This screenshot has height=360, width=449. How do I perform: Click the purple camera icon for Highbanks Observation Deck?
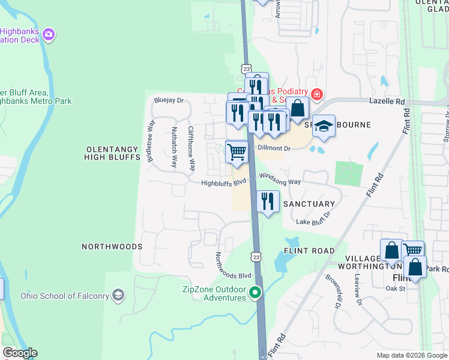(x=49, y=35)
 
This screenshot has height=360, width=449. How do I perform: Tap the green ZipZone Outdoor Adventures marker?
(x=256, y=293)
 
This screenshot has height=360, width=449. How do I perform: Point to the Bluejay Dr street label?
(x=168, y=100)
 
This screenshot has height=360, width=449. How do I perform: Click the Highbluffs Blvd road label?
(x=224, y=184)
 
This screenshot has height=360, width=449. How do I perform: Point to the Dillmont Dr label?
(x=274, y=148)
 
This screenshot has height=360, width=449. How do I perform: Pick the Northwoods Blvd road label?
(x=233, y=265)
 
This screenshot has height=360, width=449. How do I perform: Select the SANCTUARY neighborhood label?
(x=309, y=204)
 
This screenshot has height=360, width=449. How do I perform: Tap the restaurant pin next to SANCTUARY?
(x=268, y=200)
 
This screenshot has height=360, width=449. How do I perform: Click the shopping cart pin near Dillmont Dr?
(x=237, y=151)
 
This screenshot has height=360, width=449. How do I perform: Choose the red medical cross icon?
(x=316, y=94)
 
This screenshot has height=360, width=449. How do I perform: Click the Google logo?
(x=19, y=353)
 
